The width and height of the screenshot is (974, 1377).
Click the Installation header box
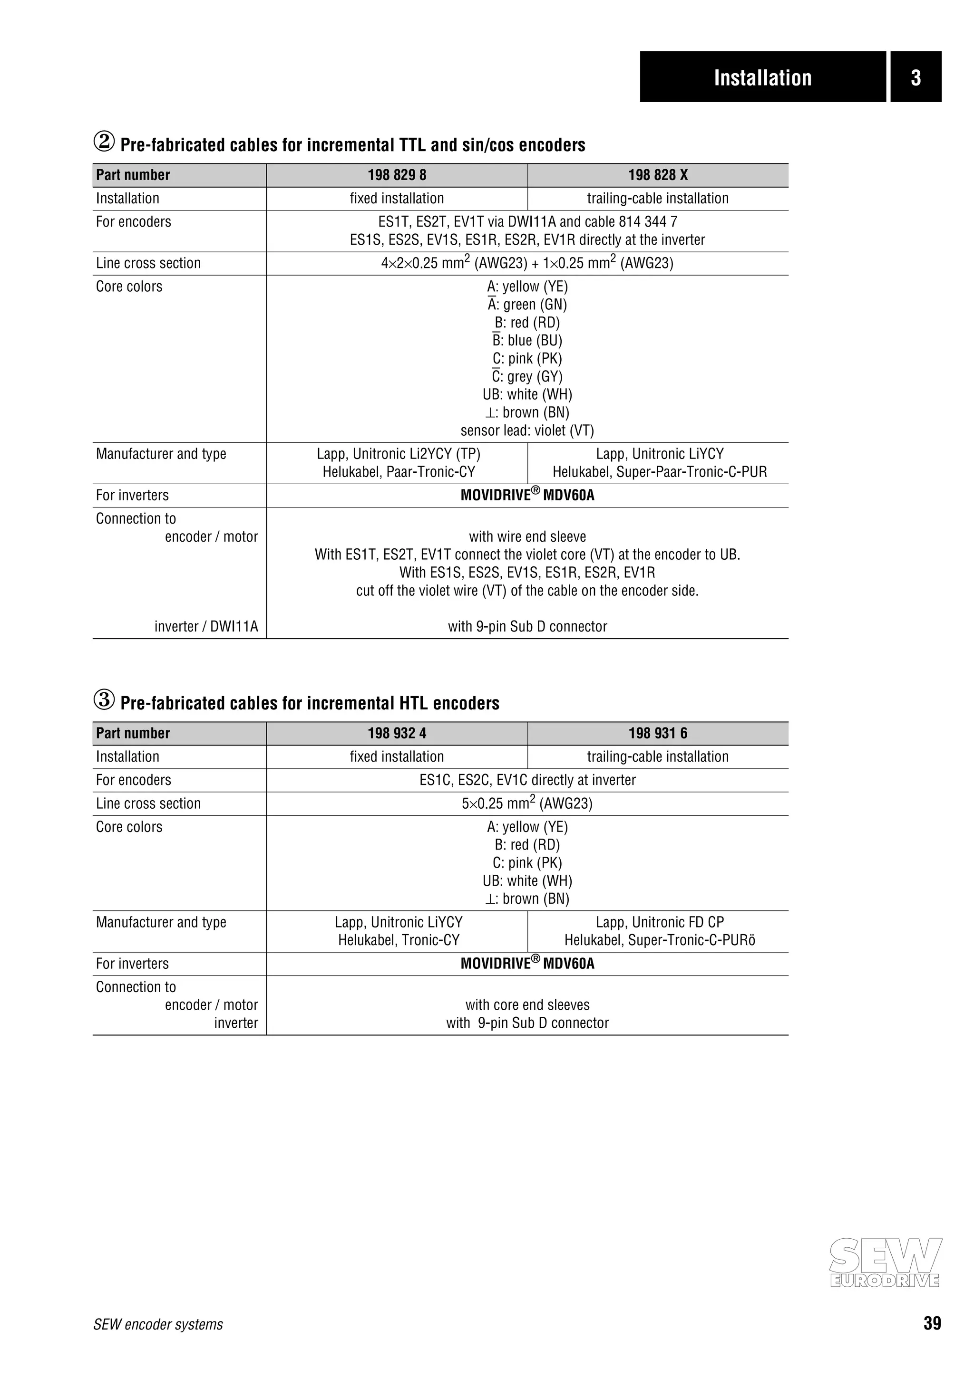point(762,77)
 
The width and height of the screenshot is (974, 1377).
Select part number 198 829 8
point(397,175)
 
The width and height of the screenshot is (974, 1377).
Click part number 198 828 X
point(658,175)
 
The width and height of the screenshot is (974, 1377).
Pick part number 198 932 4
point(397,734)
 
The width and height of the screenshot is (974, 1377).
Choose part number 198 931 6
point(658,734)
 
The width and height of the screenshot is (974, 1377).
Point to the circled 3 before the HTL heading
point(104,700)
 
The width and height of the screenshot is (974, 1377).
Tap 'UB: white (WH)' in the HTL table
point(527,881)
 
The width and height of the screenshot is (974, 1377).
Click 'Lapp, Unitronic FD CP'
point(660,922)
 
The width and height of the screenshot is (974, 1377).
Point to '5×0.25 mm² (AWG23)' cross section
point(527,803)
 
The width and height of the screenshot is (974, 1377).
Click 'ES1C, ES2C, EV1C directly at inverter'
point(527,780)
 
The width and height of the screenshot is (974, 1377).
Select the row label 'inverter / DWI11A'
point(206,627)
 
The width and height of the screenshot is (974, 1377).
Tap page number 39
point(932,1324)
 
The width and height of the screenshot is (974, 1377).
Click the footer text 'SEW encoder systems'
point(158,1325)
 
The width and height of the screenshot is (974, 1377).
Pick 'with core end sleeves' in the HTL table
point(527,1005)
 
